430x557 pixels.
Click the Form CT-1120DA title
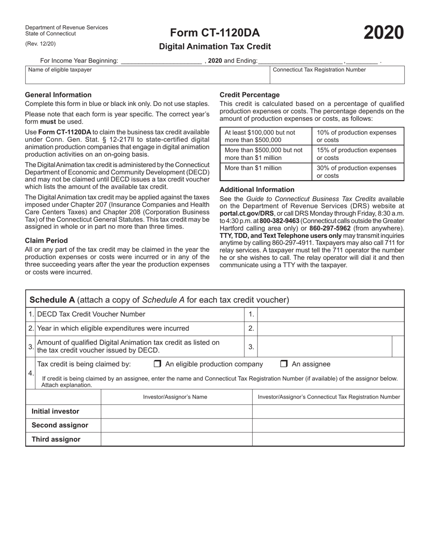(x=215, y=33)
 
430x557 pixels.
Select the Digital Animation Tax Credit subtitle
(x=215, y=46)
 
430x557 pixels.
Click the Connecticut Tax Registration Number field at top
(x=337, y=77)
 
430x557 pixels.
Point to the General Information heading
(x=58, y=95)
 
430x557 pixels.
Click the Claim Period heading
(x=46, y=240)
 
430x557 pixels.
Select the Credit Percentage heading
(x=249, y=95)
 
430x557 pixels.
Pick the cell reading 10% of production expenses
(x=357, y=136)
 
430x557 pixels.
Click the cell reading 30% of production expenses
(x=357, y=172)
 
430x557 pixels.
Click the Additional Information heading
(x=257, y=190)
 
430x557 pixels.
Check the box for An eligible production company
(x=158, y=364)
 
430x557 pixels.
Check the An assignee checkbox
(x=284, y=364)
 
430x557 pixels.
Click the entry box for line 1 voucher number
(x=330, y=314)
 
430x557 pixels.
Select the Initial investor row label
(x=55, y=411)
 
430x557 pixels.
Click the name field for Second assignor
(x=177, y=425)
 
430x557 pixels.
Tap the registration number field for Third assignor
(x=328, y=439)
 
